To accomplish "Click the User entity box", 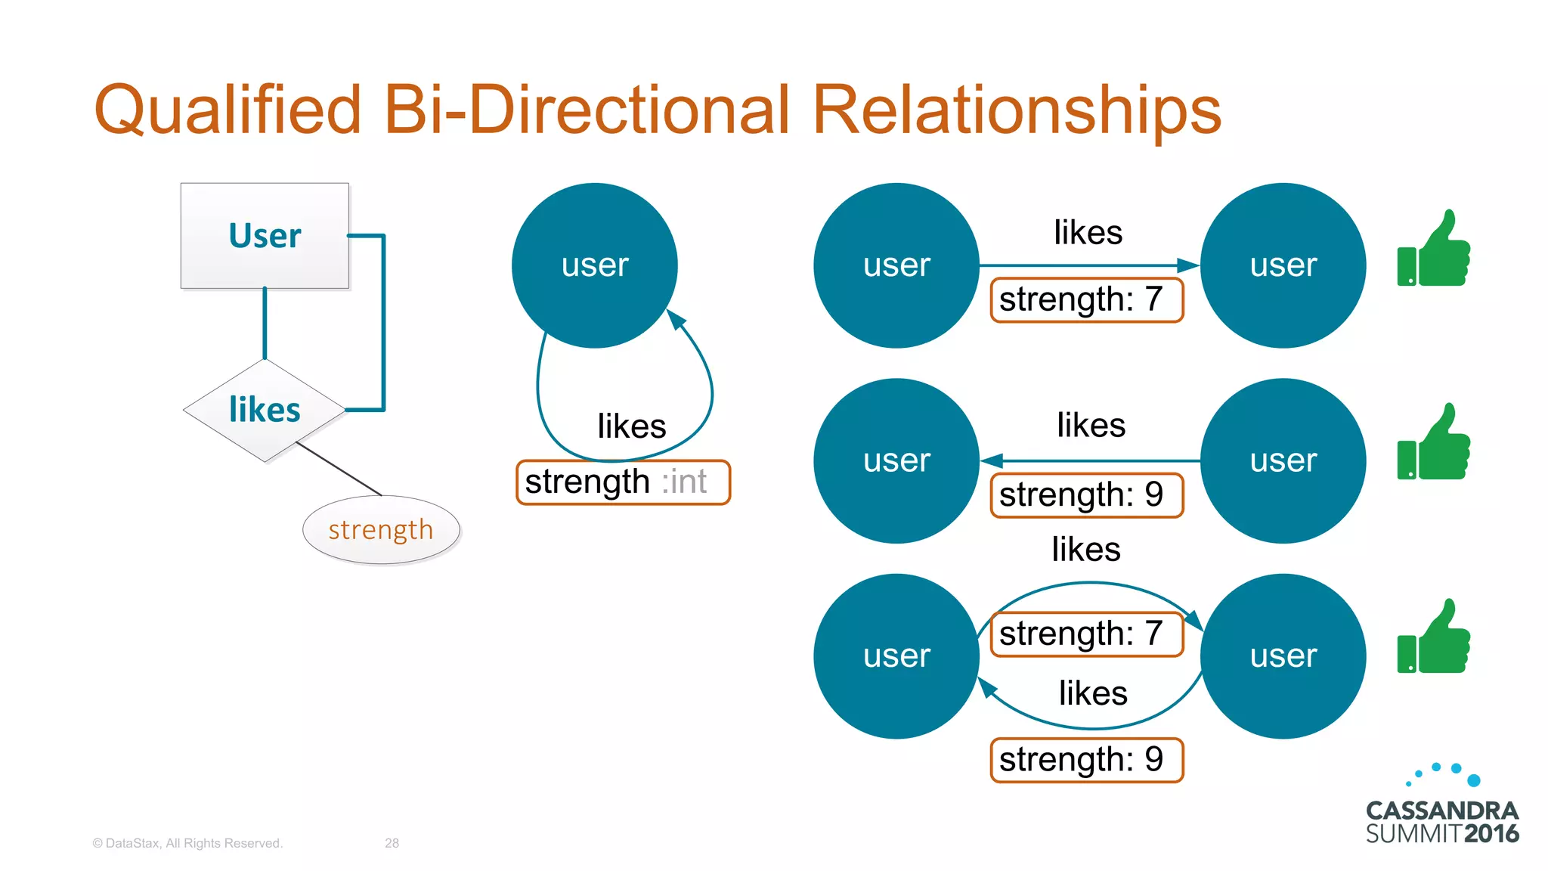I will (265, 236).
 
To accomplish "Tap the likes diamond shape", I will (265, 410).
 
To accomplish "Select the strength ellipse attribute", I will (381, 530).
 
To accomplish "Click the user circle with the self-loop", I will (594, 265).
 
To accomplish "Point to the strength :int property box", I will (623, 482).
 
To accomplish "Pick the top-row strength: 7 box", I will (1086, 300).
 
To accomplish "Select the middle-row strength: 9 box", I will (1086, 495).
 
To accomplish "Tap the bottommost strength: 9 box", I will (1086, 760).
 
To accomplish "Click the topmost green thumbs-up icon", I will (1434, 250).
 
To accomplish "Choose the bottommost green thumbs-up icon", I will (1434, 637).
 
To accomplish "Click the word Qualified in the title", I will (227, 110).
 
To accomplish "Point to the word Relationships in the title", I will (1017, 110).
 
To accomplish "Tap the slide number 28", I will (392, 843).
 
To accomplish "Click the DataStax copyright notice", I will (187, 843).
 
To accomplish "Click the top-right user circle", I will (1283, 265).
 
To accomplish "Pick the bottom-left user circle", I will (896, 656).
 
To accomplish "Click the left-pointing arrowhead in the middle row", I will (991, 460).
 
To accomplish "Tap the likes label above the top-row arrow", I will (1088, 232).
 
